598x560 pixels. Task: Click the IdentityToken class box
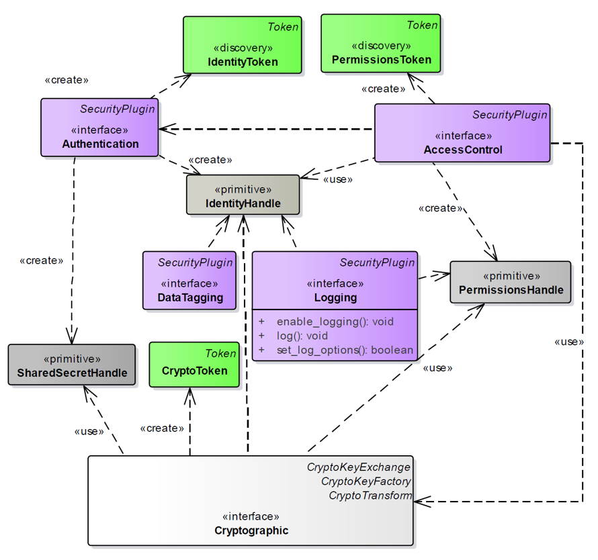242,44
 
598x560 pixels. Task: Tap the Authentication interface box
99,128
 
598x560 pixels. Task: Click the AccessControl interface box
462,133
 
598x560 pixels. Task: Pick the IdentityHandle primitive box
243,195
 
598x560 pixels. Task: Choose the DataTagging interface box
189,280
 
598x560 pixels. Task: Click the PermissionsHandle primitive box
510,283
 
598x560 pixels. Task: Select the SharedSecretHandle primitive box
71,365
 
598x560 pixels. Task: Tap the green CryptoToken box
194,365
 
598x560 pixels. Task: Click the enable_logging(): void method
335,322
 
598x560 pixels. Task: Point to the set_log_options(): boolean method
345,350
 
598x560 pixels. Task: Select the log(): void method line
302,336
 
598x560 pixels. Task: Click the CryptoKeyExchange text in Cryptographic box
358,467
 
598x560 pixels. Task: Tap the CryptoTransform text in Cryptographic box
370,496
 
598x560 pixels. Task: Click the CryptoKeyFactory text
366,481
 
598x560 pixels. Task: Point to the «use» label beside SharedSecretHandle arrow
89,431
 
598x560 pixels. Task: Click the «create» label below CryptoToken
162,428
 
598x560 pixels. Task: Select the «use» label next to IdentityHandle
337,179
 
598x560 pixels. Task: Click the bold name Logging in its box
335,297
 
